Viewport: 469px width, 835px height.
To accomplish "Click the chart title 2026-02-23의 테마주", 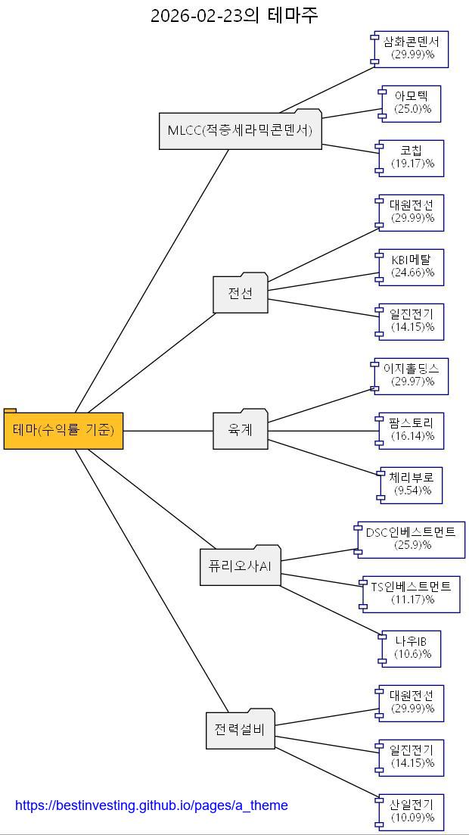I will click(234, 15).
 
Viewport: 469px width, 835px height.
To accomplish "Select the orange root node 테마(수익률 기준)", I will click(64, 430).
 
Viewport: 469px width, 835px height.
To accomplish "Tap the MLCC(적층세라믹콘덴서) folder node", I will click(240, 130).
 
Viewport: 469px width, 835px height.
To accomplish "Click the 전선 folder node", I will click(241, 293).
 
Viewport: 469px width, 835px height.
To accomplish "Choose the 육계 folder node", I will click(241, 430).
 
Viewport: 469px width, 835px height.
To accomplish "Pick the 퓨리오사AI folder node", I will click(240, 565).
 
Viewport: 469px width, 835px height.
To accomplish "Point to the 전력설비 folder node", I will click(240, 730).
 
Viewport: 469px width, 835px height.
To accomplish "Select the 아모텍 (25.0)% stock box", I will click(411, 103).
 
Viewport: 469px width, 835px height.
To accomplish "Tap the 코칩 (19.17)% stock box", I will click(412, 157).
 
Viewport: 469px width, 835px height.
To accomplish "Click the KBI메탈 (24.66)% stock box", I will click(412, 266).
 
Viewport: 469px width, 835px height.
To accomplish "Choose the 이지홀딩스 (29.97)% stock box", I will click(412, 375).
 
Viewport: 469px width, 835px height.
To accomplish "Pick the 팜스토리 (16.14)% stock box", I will click(412, 430).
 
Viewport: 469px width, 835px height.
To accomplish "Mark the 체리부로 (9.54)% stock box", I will click(411, 484).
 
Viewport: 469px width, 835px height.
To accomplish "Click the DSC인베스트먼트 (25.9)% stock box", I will click(412, 539).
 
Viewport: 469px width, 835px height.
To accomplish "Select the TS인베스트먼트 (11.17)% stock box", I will click(411, 594).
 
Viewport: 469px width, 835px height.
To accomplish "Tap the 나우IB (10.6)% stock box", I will click(411, 648).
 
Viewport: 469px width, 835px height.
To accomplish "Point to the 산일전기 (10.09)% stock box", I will click(412, 812).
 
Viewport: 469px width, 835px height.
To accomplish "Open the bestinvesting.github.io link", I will click(151, 805).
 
